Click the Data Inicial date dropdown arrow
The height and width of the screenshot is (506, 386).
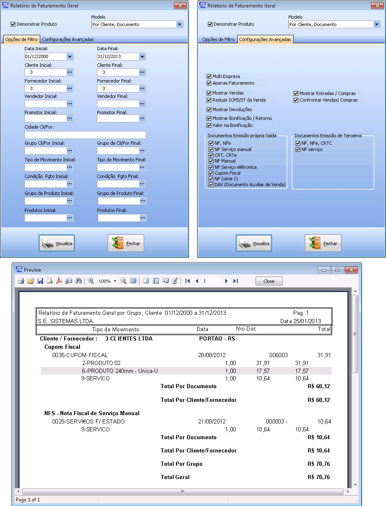pos(70,56)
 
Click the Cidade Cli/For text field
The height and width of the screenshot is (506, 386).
pos(85,135)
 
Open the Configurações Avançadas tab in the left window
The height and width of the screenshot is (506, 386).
pos(68,39)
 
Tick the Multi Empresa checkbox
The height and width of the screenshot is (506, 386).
pos(209,76)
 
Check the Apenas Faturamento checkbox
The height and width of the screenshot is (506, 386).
pos(209,83)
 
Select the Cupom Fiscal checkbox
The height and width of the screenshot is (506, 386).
pos(212,173)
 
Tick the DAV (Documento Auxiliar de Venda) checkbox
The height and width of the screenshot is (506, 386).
pos(212,185)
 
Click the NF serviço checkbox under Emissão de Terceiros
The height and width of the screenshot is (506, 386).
pos(298,149)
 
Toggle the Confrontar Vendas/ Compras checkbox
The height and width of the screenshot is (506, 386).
pos(296,100)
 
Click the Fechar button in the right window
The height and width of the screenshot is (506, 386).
pos(323,243)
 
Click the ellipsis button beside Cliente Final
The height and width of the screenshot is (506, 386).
pos(142,72)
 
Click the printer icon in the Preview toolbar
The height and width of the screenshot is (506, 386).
pos(21,281)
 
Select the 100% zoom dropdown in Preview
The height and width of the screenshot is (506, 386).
pos(107,281)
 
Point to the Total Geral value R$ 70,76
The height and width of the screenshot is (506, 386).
pos(318,477)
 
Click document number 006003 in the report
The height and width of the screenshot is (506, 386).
pos(278,355)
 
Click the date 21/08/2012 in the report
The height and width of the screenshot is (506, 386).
pos(211,421)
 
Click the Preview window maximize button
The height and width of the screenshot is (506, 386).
pos(338,270)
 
